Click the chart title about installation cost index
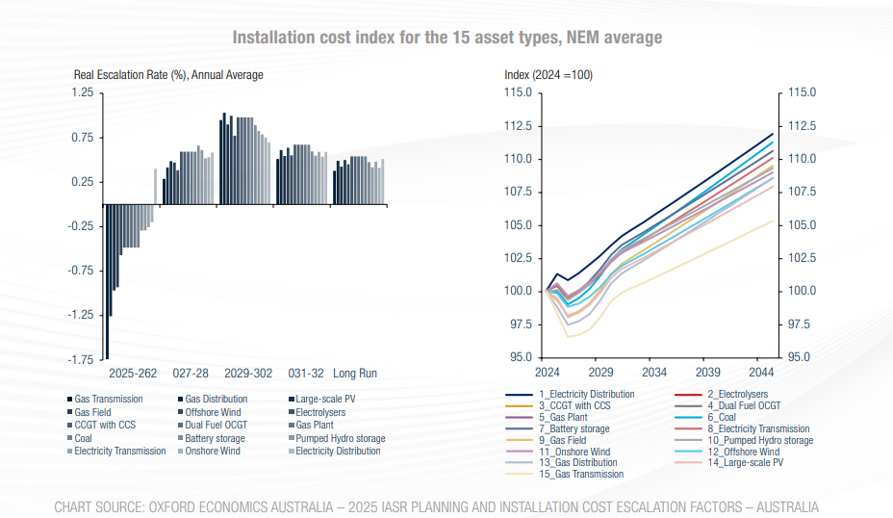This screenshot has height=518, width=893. pyautogui.click(x=446, y=38)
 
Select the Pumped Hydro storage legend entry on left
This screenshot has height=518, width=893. pyautogui.click(x=340, y=438)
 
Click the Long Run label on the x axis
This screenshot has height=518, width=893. pyautogui.click(x=354, y=373)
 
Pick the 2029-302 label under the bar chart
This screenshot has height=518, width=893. pyautogui.click(x=247, y=373)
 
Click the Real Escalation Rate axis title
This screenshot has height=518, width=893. pyautogui.click(x=168, y=75)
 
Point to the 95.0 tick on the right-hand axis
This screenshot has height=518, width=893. pyautogui.click(x=802, y=357)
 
